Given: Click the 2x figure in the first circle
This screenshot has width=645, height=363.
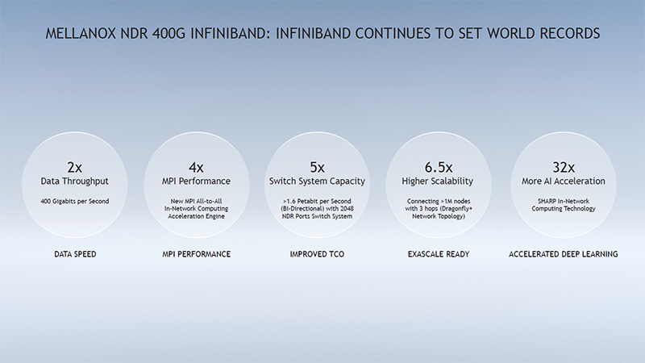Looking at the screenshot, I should pyautogui.click(x=75, y=167).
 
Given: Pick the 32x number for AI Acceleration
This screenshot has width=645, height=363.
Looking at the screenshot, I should pyautogui.click(x=564, y=167).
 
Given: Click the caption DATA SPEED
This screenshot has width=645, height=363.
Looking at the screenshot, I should pyautogui.click(x=75, y=254).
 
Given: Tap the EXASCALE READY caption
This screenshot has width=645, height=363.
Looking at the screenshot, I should pyautogui.click(x=440, y=254).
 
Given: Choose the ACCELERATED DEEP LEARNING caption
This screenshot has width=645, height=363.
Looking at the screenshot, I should pyautogui.click(x=564, y=254).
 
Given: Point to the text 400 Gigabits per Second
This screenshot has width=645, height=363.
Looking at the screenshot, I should pyautogui.click(x=75, y=200).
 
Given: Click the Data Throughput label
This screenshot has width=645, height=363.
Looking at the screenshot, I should pyautogui.click(x=75, y=181).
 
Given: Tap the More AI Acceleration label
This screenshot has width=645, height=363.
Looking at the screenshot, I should pyautogui.click(x=564, y=181).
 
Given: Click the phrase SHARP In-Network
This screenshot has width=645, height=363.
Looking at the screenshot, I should pyautogui.click(x=564, y=200).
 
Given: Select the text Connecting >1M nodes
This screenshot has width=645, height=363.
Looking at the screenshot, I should pyautogui.click(x=440, y=200).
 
